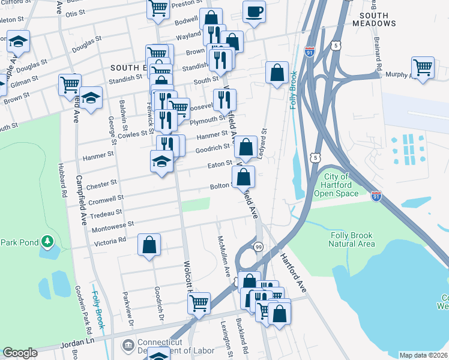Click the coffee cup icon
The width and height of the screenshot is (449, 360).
coord(254,11)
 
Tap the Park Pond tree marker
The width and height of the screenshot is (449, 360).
coord(47,242)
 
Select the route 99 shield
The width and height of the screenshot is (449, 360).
coord(258,247)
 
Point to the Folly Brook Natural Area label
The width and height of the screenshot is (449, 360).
coord(360,240)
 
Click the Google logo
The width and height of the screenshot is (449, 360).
coord(19,353)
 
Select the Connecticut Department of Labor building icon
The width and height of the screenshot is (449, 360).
coord(127,345)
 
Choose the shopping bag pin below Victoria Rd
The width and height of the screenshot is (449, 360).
coord(149,244)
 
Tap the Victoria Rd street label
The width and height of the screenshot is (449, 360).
coord(109,241)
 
